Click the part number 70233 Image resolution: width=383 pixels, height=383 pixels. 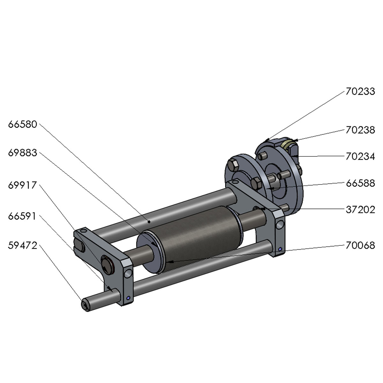point(360,92)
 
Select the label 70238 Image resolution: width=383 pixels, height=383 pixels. point(360,130)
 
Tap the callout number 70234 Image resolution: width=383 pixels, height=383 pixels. point(360,157)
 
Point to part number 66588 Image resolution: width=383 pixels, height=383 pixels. point(360,183)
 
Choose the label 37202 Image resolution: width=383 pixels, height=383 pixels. point(360,210)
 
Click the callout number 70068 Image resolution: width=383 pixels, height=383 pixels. point(360,246)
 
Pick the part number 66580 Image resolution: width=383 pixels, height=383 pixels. point(23,124)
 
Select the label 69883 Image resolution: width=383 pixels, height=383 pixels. point(23,153)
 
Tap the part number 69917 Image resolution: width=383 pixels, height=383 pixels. point(23,185)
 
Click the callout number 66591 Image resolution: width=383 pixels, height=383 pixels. point(22,216)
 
